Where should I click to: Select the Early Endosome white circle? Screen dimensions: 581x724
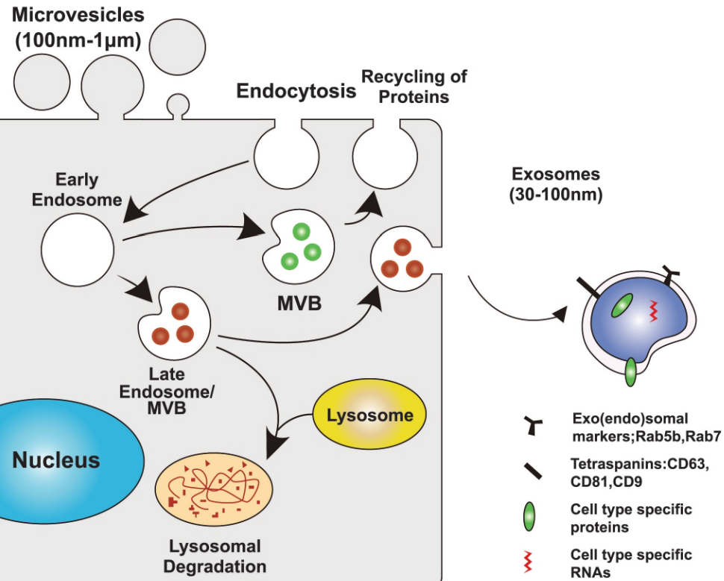[77, 246]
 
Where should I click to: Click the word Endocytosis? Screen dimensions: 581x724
[296, 92]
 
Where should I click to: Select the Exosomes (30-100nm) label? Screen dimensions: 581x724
[555, 185]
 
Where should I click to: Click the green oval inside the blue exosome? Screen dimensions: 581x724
[621, 307]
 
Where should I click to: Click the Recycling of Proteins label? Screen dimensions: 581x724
[414, 87]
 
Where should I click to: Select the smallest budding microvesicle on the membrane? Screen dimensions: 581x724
[178, 104]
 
